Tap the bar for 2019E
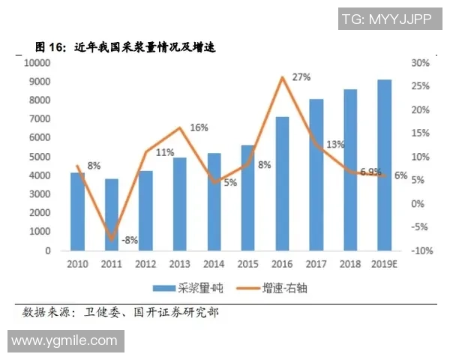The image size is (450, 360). (x=384, y=165)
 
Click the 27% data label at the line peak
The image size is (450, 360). (x=301, y=76)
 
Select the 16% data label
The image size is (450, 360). (x=199, y=127)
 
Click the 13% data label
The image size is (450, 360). (x=335, y=144)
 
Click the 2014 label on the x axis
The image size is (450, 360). (x=214, y=264)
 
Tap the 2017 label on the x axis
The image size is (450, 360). (x=316, y=264)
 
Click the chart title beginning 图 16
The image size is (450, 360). (x=124, y=47)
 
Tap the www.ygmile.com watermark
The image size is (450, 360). (x=64, y=340)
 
